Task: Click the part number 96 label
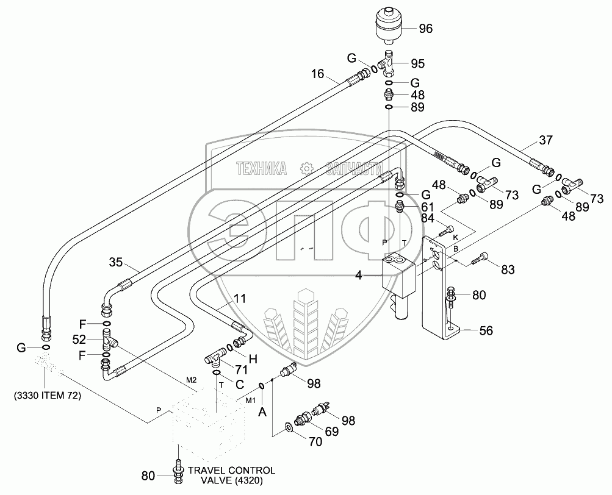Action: click(x=425, y=27)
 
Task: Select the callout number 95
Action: click(x=417, y=63)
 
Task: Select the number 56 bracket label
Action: click(x=486, y=330)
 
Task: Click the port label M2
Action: click(x=191, y=380)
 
